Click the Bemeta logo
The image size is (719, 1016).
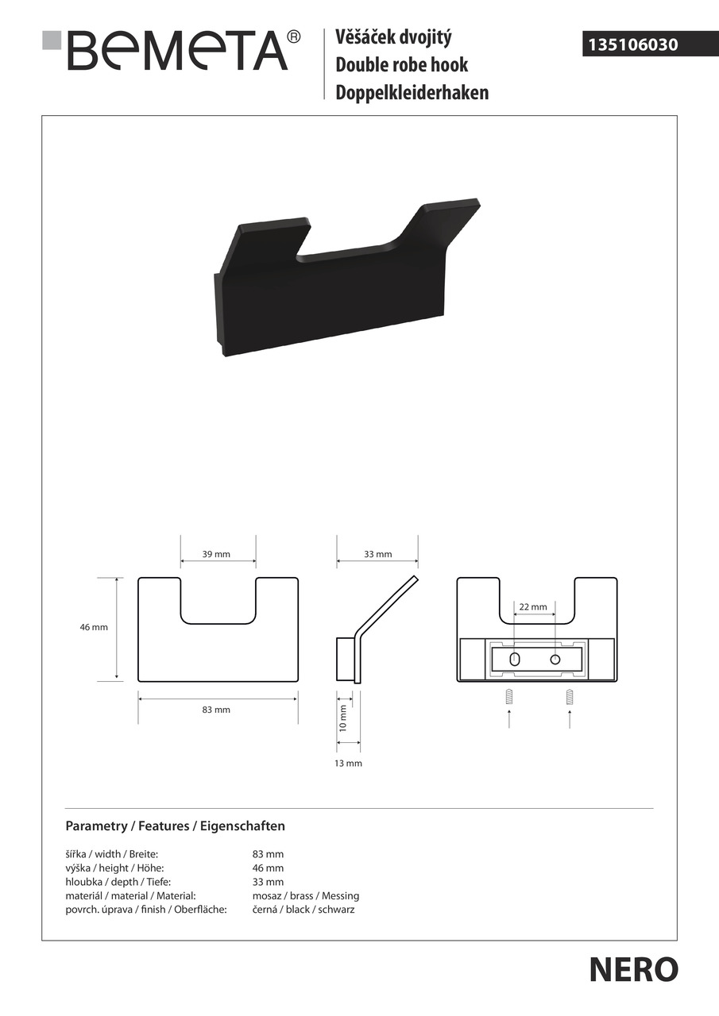[171, 50]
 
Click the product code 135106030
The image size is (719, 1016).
[632, 44]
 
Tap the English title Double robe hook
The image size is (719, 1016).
[401, 64]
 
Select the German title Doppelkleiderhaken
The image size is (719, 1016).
[412, 93]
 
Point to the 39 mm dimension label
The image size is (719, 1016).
[216, 554]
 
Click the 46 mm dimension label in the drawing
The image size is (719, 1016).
[94, 627]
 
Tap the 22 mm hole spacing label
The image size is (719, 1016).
[533, 607]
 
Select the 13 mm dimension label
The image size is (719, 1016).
[348, 764]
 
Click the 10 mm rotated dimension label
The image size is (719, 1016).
[343, 718]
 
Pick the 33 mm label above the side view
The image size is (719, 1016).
[377, 554]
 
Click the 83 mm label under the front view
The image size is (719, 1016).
[216, 710]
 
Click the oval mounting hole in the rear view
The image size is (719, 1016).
[514, 660]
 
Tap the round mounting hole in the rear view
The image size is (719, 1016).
[555, 660]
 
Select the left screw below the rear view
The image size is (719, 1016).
[508, 697]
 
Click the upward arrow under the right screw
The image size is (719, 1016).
[570, 719]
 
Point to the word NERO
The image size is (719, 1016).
[634, 969]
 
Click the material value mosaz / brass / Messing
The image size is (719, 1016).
[306, 896]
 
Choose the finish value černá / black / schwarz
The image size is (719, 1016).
[303, 910]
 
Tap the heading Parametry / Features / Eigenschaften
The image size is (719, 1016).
[176, 826]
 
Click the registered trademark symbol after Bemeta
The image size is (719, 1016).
[294, 37]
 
